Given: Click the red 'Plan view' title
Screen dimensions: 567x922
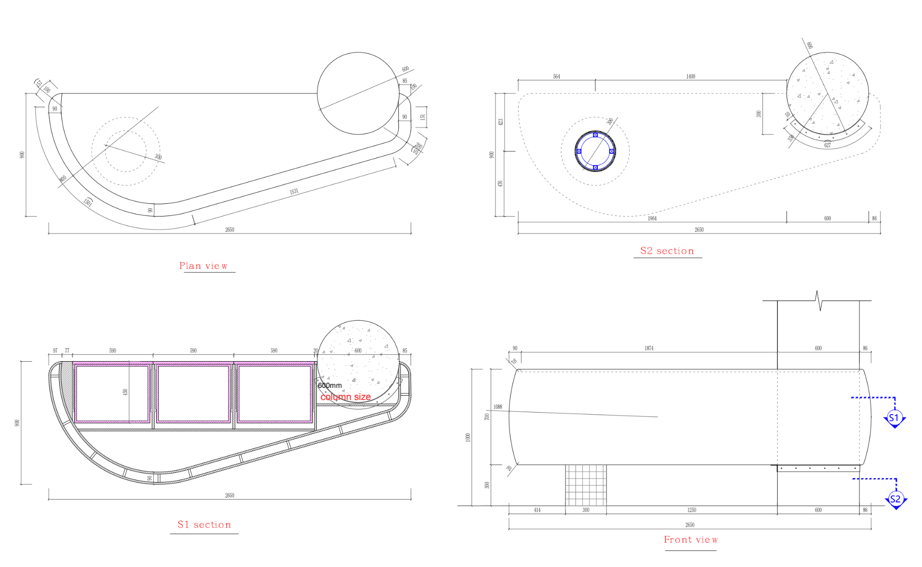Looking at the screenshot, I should (x=203, y=266).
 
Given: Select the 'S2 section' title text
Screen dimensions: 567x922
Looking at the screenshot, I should (x=667, y=251).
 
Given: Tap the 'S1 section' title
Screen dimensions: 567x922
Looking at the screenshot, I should (x=204, y=525).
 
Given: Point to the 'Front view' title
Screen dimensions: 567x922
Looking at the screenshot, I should (x=691, y=540).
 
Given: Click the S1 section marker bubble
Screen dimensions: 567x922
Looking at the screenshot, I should (x=894, y=418).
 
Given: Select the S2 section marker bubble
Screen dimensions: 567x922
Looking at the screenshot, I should (x=895, y=499).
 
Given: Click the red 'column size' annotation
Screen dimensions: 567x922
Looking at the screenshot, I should (x=346, y=397).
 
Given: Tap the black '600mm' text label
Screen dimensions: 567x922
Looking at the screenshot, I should (x=329, y=385).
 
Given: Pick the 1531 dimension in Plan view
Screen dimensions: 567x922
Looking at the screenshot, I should (x=294, y=192).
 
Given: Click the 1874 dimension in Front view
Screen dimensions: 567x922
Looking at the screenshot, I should (x=649, y=349).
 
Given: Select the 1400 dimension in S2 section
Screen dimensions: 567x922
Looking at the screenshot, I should (x=691, y=77).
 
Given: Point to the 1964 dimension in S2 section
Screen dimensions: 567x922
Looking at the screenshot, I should (x=652, y=219).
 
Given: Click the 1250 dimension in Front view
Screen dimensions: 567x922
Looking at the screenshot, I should (x=691, y=510).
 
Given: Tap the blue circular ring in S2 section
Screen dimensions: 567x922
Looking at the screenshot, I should (x=595, y=151).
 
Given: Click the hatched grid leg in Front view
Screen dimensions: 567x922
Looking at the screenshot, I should (x=586, y=485).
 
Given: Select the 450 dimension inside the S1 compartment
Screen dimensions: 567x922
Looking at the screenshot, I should (x=125, y=392).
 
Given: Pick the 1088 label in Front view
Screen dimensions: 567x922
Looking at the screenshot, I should (x=497, y=407).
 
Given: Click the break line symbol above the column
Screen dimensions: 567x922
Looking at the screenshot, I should (x=819, y=301).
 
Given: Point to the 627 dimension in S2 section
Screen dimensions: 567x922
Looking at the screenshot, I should (x=827, y=145).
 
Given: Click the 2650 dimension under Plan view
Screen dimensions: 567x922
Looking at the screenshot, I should (x=230, y=230).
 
